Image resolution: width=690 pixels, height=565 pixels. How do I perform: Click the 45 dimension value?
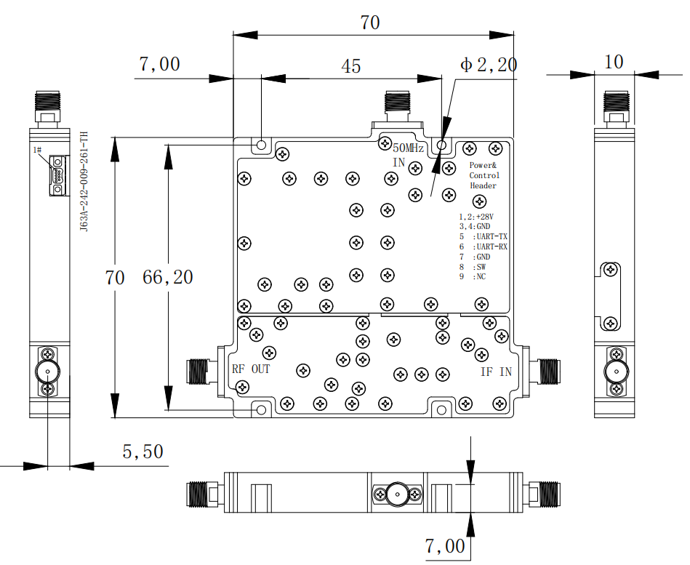point(350,66)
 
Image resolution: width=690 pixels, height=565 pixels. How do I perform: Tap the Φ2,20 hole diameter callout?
point(489,65)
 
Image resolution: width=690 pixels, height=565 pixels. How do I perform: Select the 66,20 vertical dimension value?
point(168,277)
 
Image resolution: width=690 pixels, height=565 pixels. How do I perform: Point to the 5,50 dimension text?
point(143,452)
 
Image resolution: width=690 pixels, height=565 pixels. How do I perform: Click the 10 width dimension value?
point(614,62)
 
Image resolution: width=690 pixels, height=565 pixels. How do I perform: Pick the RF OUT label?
point(251,369)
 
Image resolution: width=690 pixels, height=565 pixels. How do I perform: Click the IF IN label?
point(496,372)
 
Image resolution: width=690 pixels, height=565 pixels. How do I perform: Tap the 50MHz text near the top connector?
point(408,148)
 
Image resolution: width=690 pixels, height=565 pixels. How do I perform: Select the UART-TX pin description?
point(492,237)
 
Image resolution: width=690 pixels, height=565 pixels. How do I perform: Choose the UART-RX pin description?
point(492,247)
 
